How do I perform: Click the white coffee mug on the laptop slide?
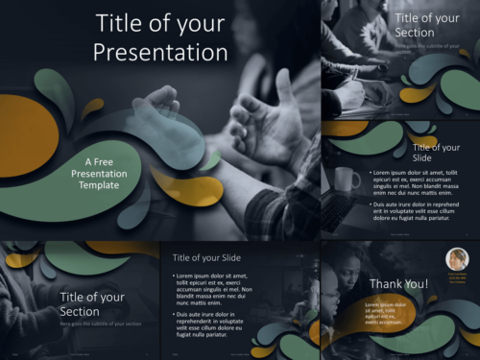tap(345, 180)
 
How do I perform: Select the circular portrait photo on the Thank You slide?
tap(456, 260)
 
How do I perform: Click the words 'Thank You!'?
tap(399, 283)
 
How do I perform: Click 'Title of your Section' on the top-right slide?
tap(427, 25)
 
